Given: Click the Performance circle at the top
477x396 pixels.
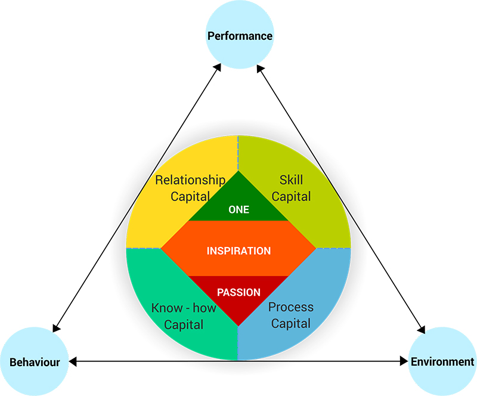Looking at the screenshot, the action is point(240,35).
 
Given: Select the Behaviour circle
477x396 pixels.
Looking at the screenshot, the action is point(35,361).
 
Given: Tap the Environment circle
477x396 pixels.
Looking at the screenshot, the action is point(442,361).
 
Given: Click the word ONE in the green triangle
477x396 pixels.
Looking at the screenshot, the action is point(239,209).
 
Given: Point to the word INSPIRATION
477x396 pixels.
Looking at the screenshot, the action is point(239,250).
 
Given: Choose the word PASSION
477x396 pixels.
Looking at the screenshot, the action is point(239,292).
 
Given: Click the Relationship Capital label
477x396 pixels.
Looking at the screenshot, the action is point(190,188).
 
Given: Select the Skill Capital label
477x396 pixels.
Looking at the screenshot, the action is point(291,188).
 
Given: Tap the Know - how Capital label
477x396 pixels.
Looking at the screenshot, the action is point(184,316).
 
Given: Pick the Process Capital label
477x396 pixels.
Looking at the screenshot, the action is point(291,315).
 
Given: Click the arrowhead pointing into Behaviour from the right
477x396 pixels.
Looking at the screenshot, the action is point(73,361).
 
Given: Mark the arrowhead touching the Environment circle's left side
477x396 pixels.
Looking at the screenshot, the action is point(404,361).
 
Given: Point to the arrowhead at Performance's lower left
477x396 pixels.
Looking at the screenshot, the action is point(217,67).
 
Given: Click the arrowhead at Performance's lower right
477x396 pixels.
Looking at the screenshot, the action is point(260,69).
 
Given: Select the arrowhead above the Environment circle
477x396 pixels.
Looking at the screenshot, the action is point(422,330).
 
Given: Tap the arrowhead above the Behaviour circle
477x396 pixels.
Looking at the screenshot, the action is point(56,328).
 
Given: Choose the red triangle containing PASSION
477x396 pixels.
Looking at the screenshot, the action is point(238,297).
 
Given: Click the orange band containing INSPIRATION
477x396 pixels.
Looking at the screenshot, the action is point(238,248).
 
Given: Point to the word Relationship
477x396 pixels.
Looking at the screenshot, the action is point(190,180).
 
